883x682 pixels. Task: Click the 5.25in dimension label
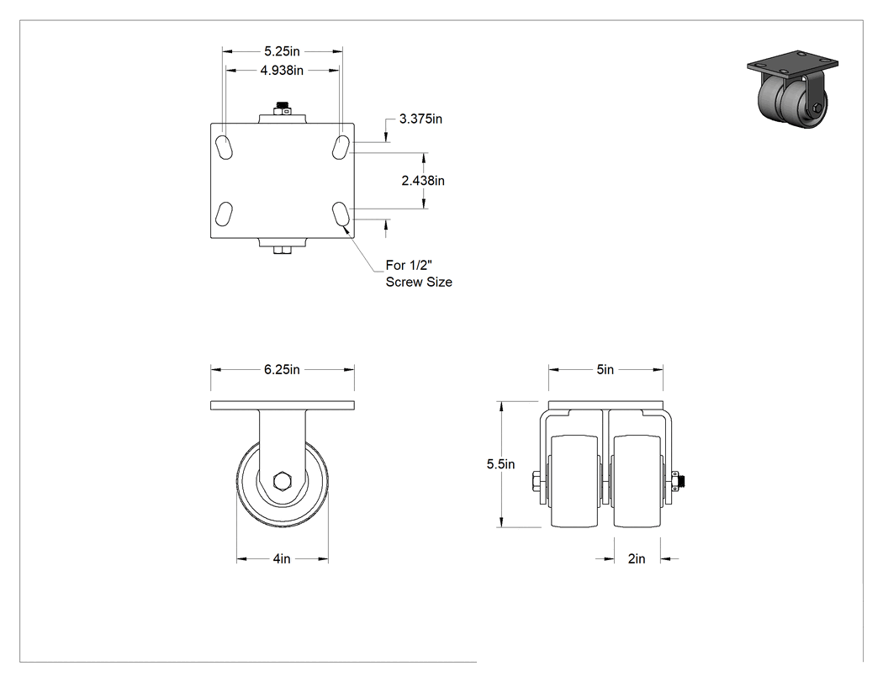pyautogui.click(x=282, y=51)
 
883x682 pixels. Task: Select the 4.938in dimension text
pyautogui.click(x=282, y=71)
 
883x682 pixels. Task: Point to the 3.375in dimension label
pyautogui.click(x=420, y=119)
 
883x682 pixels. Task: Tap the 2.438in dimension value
pyautogui.click(x=423, y=180)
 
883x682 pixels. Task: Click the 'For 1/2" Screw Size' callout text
pyautogui.click(x=419, y=273)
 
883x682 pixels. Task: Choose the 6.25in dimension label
pyautogui.click(x=282, y=369)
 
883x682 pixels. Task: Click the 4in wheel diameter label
pyautogui.click(x=282, y=558)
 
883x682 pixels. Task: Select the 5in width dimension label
pyautogui.click(x=605, y=369)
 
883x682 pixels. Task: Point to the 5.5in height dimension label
pyautogui.click(x=500, y=464)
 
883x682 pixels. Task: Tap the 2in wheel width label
pyautogui.click(x=637, y=558)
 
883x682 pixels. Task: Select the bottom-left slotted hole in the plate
pyautogui.click(x=224, y=214)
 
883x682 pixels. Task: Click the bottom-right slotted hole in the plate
pyautogui.click(x=340, y=214)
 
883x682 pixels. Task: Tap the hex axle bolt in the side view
pyautogui.click(x=282, y=482)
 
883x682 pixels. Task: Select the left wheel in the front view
pyautogui.click(x=574, y=481)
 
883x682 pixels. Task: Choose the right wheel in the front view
pyautogui.click(x=637, y=481)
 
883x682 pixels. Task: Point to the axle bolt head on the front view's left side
pyautogui.click(x=535, y=482)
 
